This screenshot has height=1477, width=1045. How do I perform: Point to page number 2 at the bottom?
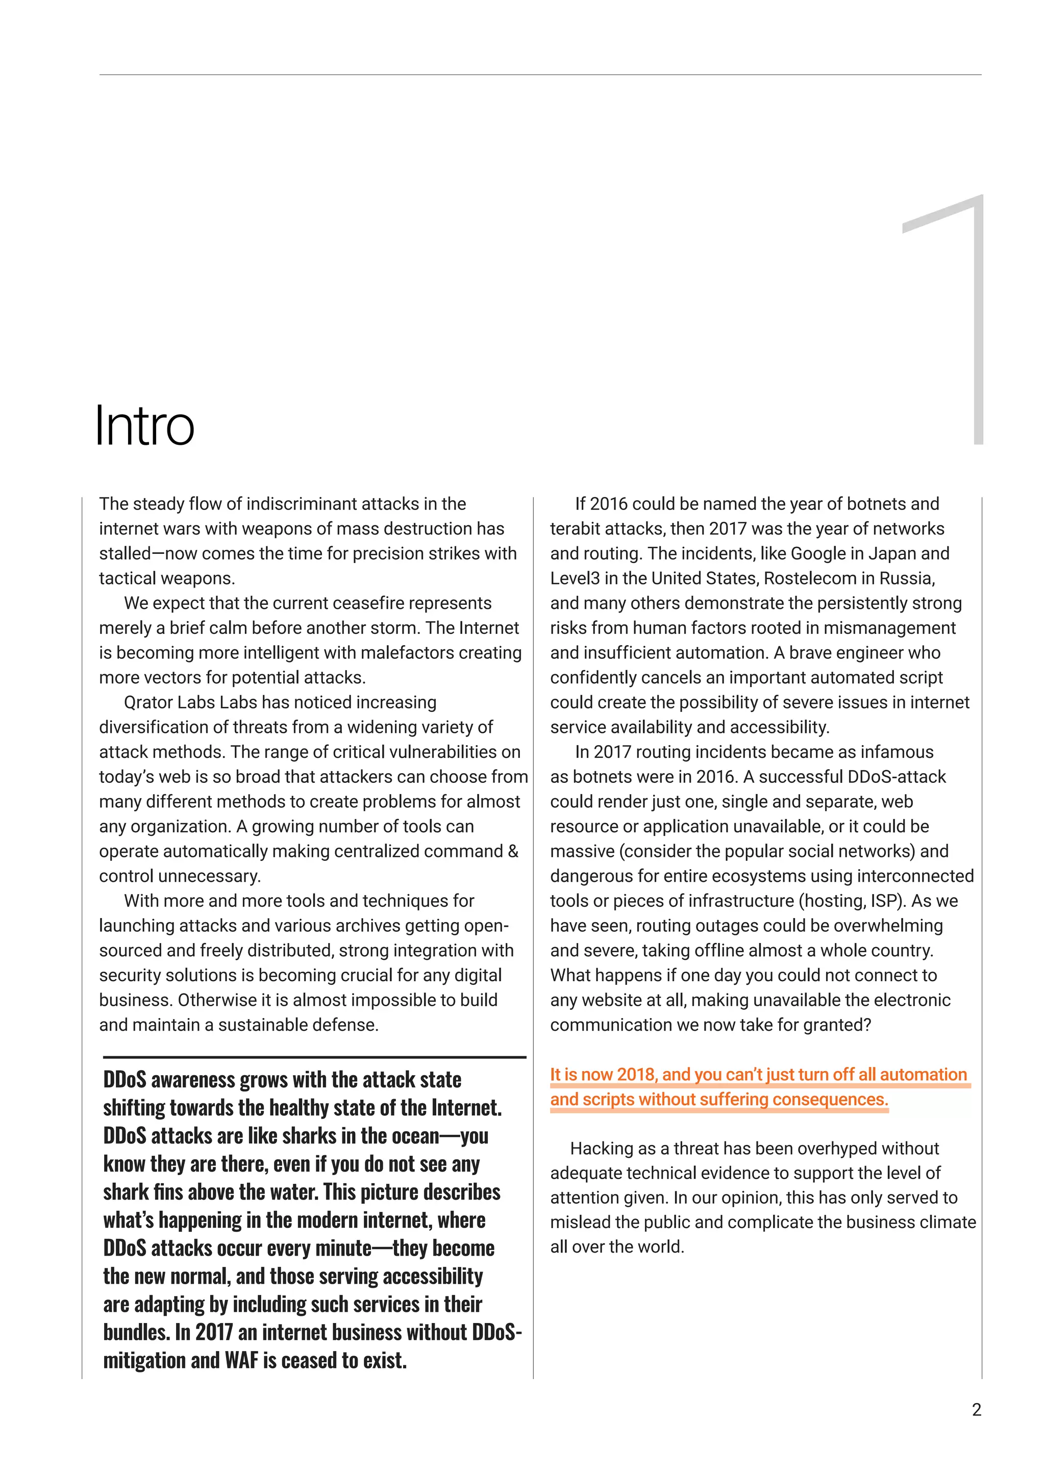[x=976, y=1410]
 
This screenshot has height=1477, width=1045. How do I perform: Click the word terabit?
[x=574, y=529]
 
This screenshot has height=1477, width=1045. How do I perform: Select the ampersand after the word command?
[x=513, y=851]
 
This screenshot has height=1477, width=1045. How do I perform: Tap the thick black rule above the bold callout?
[x=315, y=1056]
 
